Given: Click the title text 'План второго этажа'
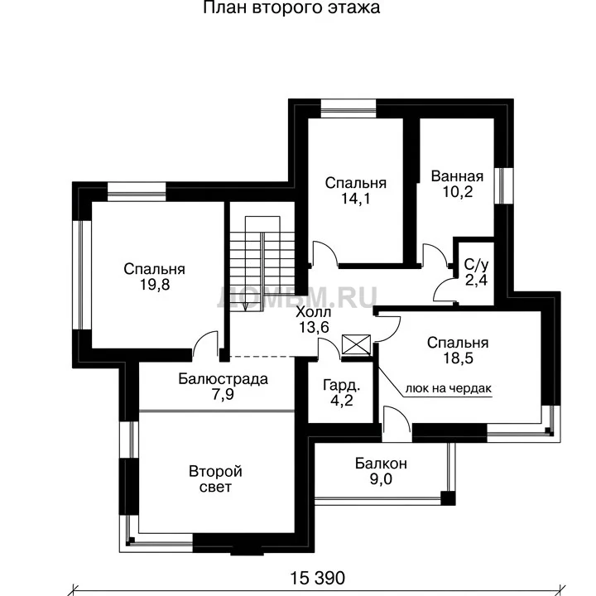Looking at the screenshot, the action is tap(291, 7).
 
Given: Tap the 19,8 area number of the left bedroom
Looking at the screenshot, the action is tap(155, 285).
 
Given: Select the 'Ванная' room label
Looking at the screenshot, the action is tap(457, 176).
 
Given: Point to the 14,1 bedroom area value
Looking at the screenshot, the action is tap(355, 199).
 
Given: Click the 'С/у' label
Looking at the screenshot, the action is tap(476, 264).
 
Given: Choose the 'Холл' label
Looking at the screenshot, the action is tap(314, 312).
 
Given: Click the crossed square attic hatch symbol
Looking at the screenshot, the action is tap(356, 344).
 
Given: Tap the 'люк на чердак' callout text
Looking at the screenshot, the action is tap(449, 388).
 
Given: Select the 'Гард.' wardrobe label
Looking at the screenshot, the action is tap(341, 386).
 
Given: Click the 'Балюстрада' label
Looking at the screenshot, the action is tap(223, 379).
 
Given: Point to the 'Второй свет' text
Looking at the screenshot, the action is tap(215, 479).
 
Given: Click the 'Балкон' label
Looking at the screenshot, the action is tap(381, 464).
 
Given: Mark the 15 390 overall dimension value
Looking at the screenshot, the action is tap(318, 579).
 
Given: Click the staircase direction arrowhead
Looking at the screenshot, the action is tap(245, 307).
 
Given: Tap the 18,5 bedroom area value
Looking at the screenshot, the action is tap(458, 358).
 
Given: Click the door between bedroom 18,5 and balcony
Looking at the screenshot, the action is tap(397, 422).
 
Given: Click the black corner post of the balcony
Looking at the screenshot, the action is tap(448, 498).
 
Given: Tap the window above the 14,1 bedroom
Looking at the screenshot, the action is tap(348, 108).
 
